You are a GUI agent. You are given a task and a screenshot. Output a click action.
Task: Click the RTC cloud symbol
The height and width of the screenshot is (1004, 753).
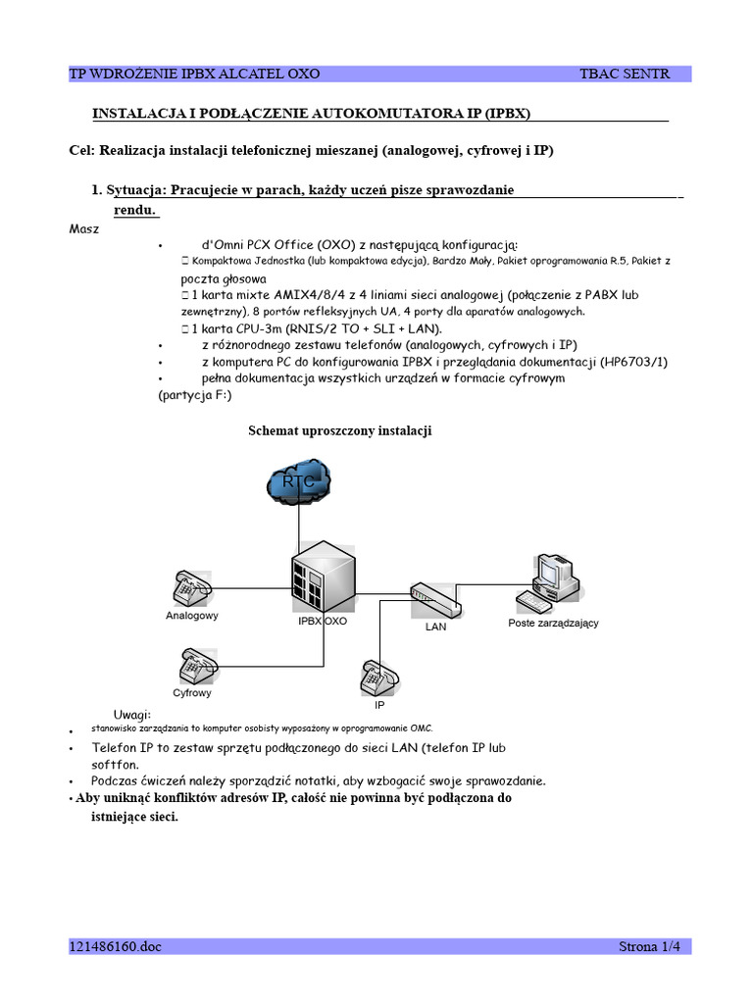point(299,483)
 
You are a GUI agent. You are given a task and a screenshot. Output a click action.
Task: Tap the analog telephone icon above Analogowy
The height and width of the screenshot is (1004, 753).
point(190,588)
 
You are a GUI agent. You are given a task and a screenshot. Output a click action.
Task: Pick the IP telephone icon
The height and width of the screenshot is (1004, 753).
point(379,677)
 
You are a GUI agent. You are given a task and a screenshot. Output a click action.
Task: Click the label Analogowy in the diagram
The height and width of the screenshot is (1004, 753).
point(191,616)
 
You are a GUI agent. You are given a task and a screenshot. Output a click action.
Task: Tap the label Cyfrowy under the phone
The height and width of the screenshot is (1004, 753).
point(192,693)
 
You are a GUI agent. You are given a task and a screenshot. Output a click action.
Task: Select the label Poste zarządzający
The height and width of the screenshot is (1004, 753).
point(553,623)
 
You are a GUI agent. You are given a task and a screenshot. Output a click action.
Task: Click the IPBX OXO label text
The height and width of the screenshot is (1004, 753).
point(323,621)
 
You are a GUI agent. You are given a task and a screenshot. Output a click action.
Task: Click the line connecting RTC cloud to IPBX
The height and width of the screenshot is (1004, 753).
point(299,529)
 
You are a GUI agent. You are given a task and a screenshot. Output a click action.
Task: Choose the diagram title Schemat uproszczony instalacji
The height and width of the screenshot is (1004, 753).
point(340,430)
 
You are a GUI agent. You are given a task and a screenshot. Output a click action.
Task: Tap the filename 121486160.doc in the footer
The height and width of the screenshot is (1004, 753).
point(114,946)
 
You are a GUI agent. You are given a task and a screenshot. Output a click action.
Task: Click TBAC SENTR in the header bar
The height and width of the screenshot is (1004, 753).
point(625,74)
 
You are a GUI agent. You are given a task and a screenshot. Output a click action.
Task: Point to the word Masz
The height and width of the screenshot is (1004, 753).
point(84,228)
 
